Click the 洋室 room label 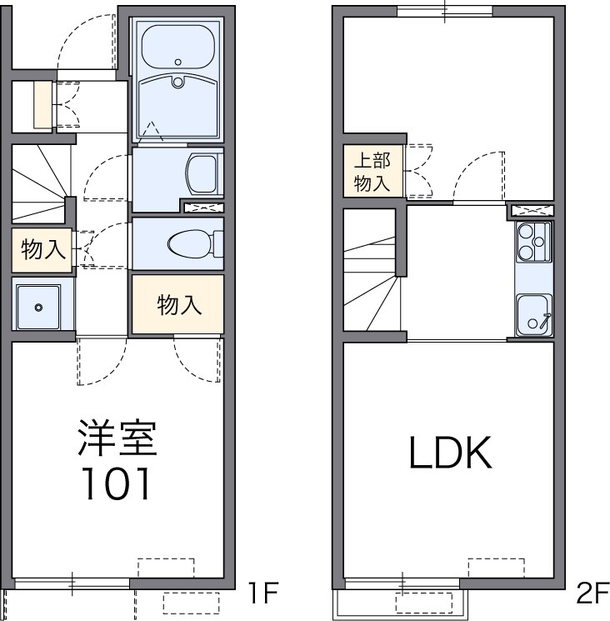[117, 439]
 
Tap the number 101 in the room [117, 483]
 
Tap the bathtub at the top [177, 48]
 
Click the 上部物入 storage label [372, 173]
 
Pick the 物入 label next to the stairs [42, 249]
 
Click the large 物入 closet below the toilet [178, 305]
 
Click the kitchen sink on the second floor [532, 315]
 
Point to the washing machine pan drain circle [38, 307]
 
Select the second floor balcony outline [397, 603]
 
